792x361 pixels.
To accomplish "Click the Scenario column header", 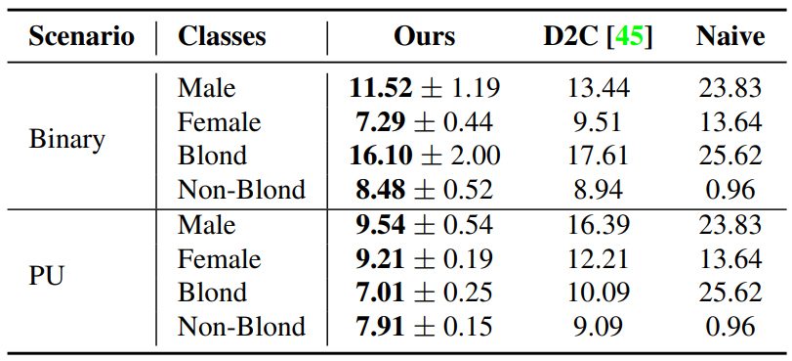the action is point(81,37).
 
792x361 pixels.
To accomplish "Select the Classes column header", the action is point(222,37).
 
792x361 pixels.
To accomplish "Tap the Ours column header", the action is point(424,37).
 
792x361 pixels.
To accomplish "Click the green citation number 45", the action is point(629,37).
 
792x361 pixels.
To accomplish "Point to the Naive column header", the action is point(729,37).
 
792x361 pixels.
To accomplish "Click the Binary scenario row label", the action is point(66,139).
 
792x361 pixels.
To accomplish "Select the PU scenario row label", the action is point(46,276).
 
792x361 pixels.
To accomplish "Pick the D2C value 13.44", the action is point(598,88).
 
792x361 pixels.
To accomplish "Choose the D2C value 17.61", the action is point(598,156).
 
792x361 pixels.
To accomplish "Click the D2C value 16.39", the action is point(598,225).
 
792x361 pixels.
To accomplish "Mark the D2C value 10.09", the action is point(598,293).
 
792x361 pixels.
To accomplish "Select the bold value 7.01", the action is point(380,293).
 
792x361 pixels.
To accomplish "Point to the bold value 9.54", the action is point(380,225).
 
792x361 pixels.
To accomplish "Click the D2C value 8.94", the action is point(598,190).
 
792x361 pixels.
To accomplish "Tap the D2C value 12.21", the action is point(598,258).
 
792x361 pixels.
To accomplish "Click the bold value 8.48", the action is point(380,190).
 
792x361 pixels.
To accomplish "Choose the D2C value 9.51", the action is point(598,122).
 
